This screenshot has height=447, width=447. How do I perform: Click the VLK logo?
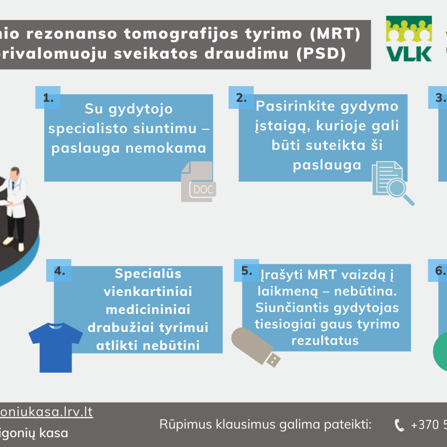point(409,39)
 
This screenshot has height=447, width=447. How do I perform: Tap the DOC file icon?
point(198,182)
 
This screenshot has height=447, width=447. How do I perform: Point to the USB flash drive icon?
point(255,347)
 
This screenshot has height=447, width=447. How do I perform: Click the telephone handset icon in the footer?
point(399,425)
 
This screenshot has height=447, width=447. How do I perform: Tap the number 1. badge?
point(48,98)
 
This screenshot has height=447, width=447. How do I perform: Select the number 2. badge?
point(241,98)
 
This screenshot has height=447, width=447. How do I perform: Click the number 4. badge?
point(59,271)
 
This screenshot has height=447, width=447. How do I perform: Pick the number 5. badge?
point(246,271)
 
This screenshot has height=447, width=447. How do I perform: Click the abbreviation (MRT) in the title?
point(335,33)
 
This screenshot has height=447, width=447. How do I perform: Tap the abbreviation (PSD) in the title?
point(321,54)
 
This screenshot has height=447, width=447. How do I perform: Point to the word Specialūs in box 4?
point(148,274)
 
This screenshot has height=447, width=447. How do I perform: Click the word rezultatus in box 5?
point(325,341)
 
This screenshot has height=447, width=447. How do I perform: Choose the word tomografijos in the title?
point(181,33)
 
